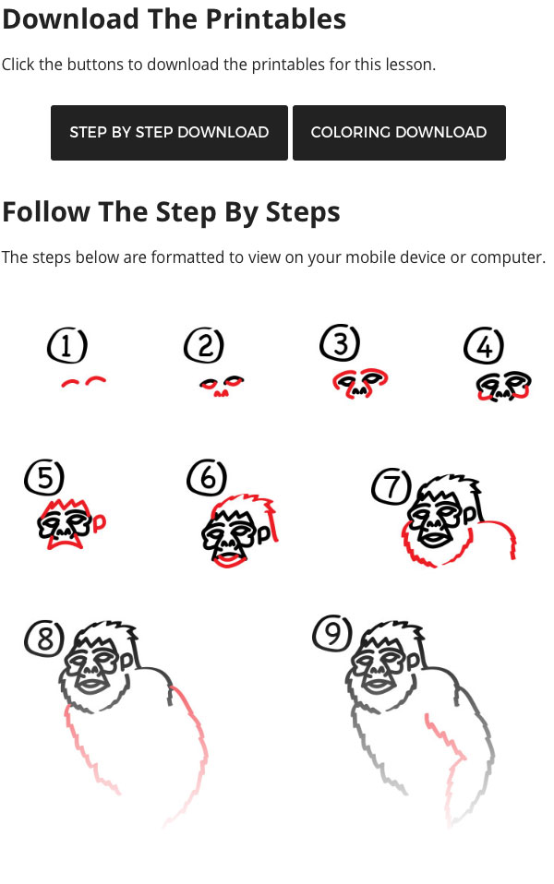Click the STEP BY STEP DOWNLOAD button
coord(169,133)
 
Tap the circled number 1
coord(67,346)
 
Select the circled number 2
coord(204,346)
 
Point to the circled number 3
coord(340,342)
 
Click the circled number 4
coord(484,346)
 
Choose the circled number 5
coord(44,478)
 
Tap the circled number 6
coord(207,478)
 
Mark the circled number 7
coord(391,487)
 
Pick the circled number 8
coord(44,639)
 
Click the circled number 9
coord(332,634)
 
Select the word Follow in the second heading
coord(46,212)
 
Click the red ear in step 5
coord(100,523)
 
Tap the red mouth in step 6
coord(228,561)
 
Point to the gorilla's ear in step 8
coord(126,660)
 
